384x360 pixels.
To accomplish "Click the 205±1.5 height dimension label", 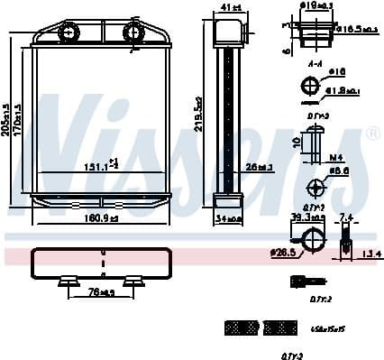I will click(8, 122).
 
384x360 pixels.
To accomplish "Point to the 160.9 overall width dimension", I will click(100, 217).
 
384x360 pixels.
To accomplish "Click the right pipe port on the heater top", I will click(133, 34).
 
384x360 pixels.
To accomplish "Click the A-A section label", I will click(315, 64).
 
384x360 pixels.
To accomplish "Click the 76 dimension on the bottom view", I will click(101, 292).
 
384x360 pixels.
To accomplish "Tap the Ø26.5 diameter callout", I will click(285, 253).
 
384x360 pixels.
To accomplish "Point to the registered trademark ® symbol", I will click(374, 133).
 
